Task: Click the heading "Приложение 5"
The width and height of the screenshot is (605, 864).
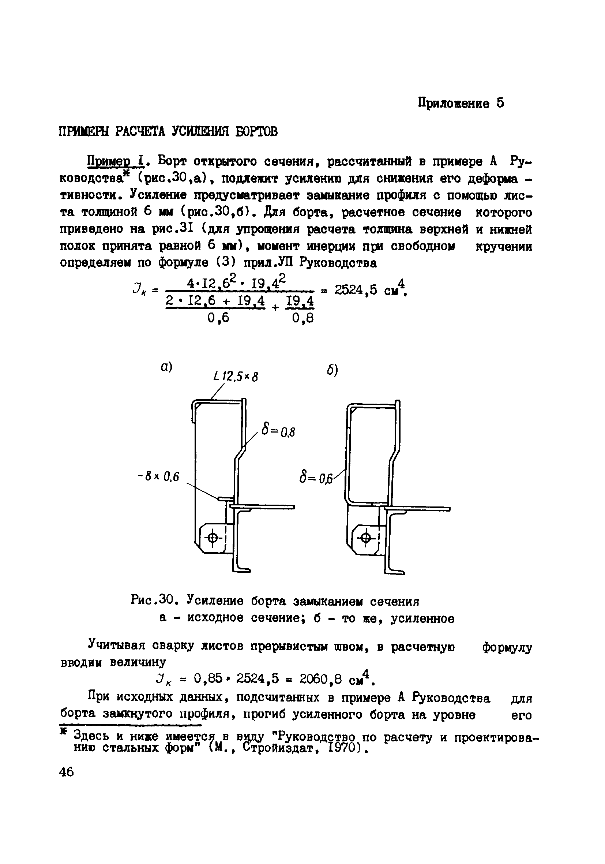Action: [x=461, y=103]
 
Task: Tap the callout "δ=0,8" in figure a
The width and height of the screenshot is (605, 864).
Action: [x=278, y=432]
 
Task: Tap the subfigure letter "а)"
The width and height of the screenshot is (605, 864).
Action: [x=166, y=367]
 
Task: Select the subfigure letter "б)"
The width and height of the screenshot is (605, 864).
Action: [x=332, y=371]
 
